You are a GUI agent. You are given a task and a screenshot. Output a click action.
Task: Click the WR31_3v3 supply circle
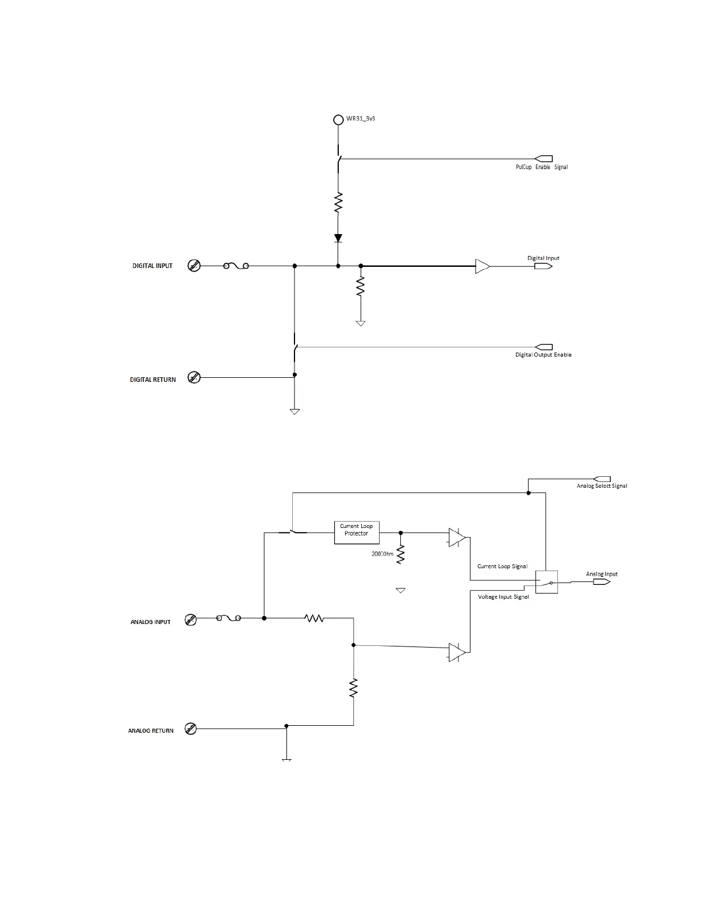point(338,120)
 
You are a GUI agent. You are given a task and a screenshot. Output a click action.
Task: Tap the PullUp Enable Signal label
point(541,167)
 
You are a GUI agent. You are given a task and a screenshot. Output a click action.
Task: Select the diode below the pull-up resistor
point(338,238)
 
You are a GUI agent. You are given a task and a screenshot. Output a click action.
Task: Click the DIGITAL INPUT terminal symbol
point(194,266)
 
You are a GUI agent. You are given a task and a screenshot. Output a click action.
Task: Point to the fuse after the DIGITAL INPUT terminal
point(236,266)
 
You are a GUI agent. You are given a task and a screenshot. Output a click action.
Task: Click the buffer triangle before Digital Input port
point(482,266)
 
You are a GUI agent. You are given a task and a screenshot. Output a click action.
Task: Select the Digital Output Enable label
point(543,355)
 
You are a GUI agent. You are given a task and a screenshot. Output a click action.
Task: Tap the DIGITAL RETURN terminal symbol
point(194,378)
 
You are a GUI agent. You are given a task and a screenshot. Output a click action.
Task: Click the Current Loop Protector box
point(357,533)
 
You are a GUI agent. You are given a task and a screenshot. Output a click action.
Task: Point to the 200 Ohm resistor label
point(382,554)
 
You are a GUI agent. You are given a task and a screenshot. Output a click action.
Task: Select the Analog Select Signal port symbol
point(602,479)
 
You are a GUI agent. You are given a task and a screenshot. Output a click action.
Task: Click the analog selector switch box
point(546,582)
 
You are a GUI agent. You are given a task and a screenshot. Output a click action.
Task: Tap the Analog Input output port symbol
point(602,582)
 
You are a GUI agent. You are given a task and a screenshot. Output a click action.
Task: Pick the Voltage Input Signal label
point(503,597)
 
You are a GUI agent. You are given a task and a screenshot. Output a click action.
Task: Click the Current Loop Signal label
point(502,566)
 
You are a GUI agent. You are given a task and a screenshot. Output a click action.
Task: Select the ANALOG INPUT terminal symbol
point(191,619)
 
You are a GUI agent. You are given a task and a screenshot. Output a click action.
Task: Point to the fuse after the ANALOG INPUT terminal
point(228,618)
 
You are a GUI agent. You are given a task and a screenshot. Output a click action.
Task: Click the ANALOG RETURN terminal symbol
point(191,729)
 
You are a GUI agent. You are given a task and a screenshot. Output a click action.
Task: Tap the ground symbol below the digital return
point(294,411)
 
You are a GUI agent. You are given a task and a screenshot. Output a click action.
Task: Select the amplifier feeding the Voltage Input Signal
point(457,652)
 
